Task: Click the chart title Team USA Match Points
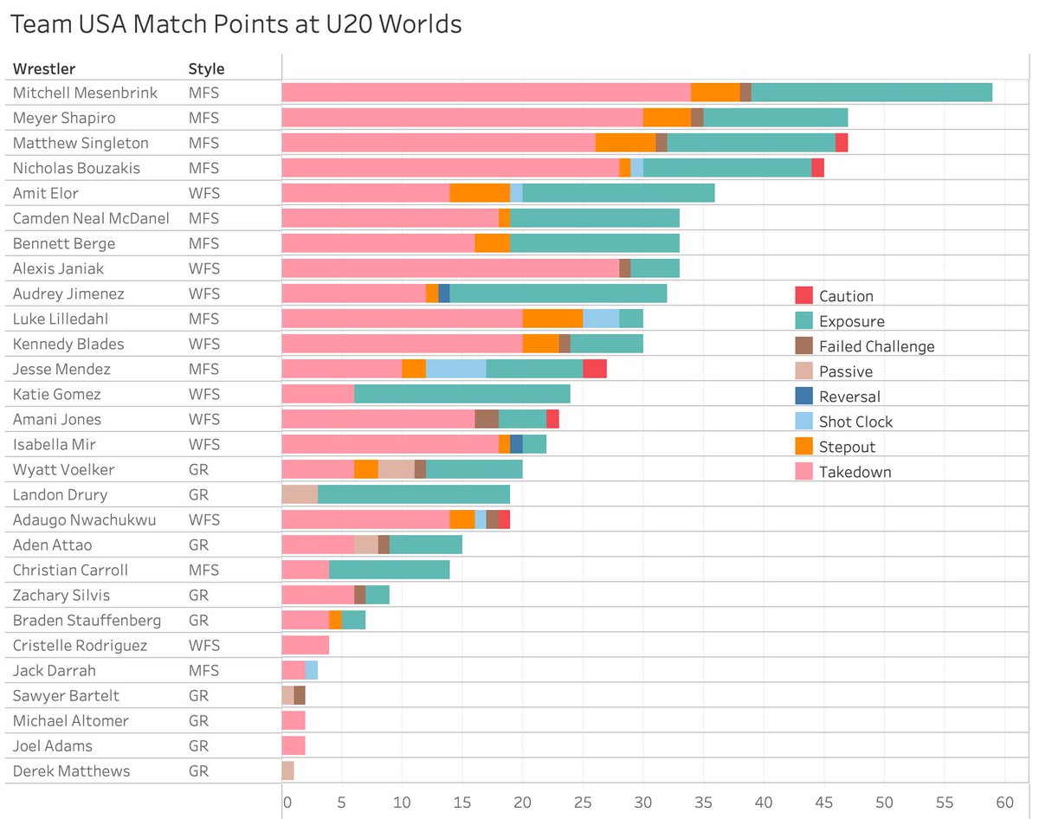[x=235, y=25]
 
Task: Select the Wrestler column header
[x=44, y=68]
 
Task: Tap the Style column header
[x=206, y=68]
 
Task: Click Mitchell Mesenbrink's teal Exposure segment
[x=871, y=93]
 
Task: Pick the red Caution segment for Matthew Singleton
[x=842, y=143]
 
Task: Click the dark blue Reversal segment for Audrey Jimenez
[x=444, y=293]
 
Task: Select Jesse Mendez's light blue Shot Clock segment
[x=456, y=369]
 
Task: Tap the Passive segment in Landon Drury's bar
[x=300, y=494]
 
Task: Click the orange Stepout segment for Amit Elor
[x=480, y=193]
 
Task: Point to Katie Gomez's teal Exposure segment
[x=462, y=394]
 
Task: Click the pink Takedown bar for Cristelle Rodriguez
[x=306, y=645]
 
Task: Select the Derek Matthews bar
[x=288, y=771]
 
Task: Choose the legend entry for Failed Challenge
[x=876, y=346]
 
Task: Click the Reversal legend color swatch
[x=803, y=397]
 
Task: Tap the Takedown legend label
[x=855, y=472]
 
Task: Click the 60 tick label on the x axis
[x=1004, y=802]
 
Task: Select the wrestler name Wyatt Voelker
[x=63, y=469]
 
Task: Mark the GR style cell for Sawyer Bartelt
[x=198, y=695]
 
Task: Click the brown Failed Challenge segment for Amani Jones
[x=487, y=419]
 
